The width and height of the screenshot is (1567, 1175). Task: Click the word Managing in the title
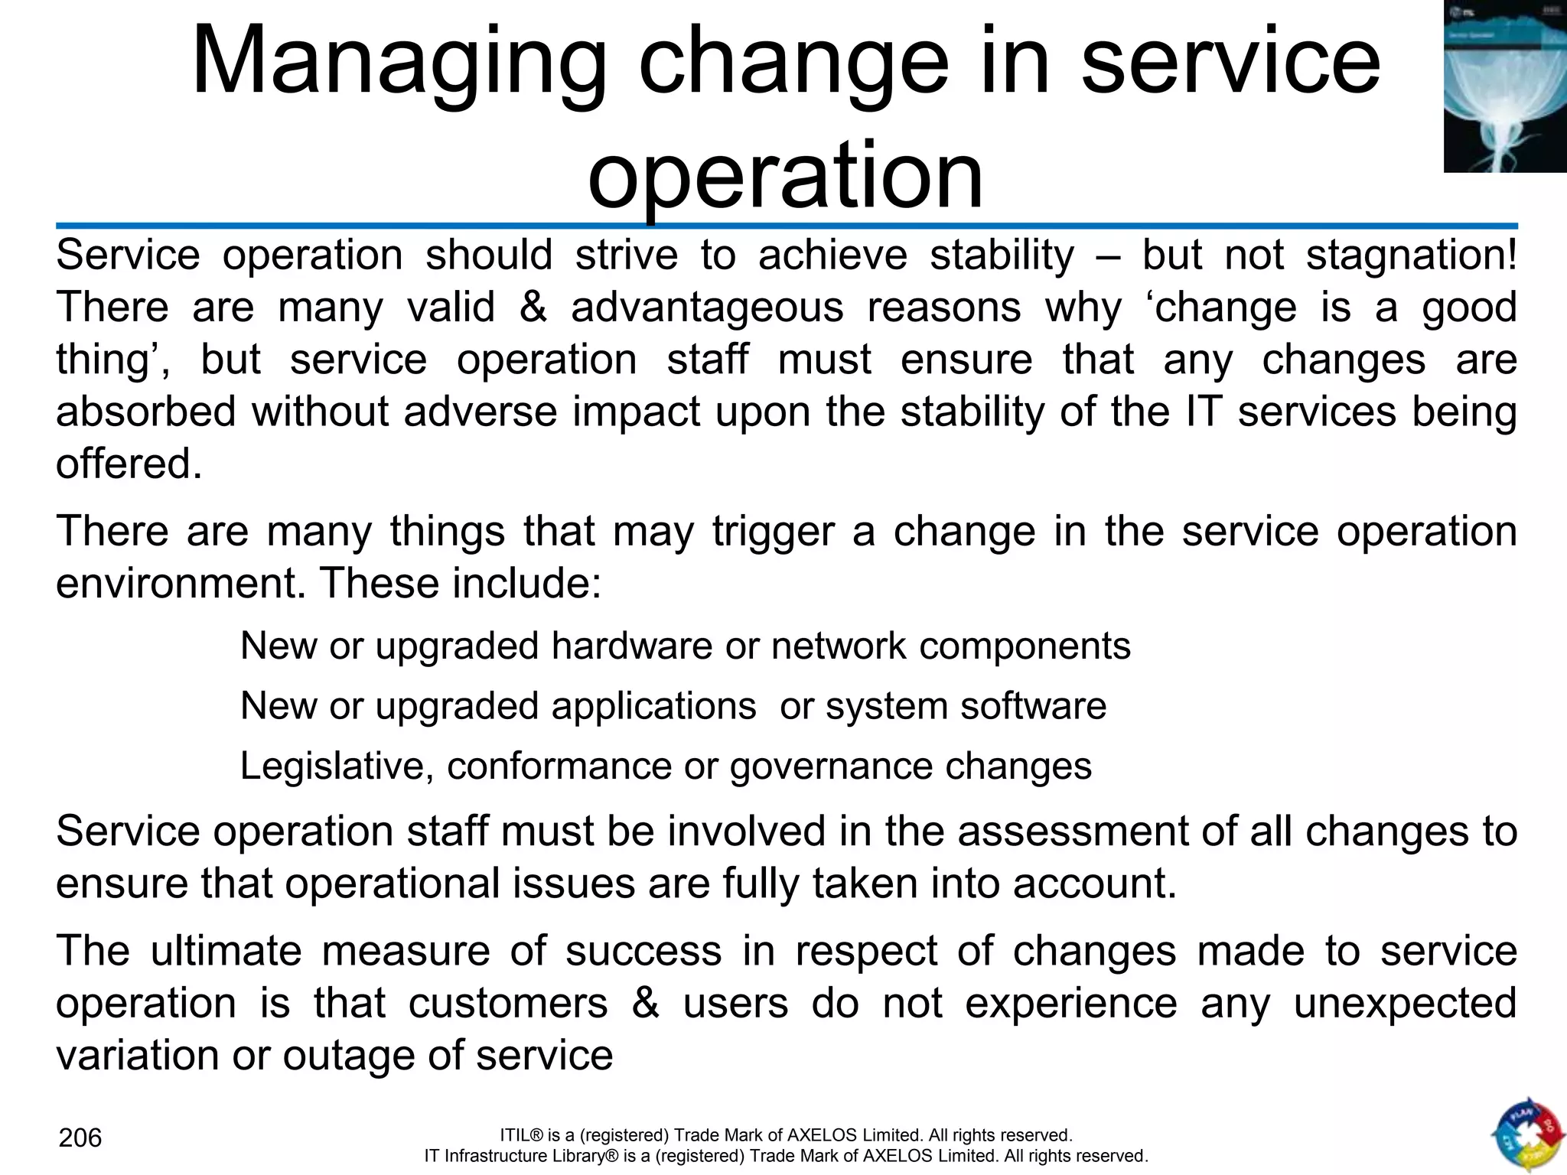click(x=399, y=63)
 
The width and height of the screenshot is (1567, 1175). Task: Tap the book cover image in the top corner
click(x=1504, y=86)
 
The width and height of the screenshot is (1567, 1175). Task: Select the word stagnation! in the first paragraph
click(x=1411, y=255)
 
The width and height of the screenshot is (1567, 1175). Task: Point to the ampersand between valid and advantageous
click(x=533, y=308)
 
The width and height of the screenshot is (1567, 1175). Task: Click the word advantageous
click(x=707, y=308)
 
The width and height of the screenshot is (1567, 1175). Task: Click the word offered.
click(x=129, y=464)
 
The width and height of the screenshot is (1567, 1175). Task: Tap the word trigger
click(x=773, y=531)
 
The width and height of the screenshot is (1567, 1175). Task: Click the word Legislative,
click(x=337, y=766)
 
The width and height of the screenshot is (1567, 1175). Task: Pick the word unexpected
click(x=1405, y=1004)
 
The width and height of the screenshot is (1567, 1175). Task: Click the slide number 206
click(x=80, y=1138)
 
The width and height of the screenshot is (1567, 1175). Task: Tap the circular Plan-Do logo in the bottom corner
click(x=1526, y=1135)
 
